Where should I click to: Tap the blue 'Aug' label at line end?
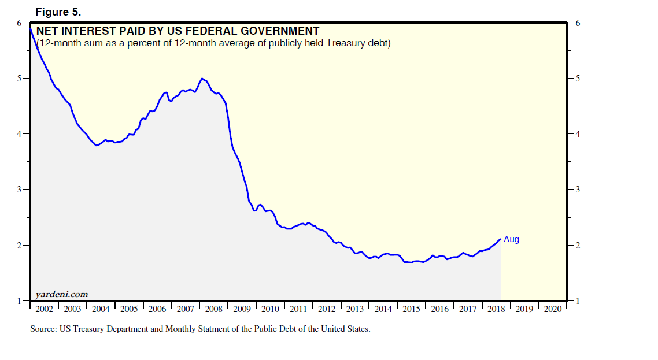click(x=511, y=239)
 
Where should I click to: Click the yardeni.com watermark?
click(x=62, y=294)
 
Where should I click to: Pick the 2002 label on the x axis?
click(x=44, y=309)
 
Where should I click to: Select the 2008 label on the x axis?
click(x=213, y=309)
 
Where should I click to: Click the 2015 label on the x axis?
click(x=411, y=309)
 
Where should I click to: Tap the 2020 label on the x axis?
click(x=552, y=309)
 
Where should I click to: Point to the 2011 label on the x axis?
click(x=298, y=309)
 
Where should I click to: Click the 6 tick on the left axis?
click(x=19, y=23)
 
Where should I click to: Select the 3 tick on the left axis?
click(x=19, y=190)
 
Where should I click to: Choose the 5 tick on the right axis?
click(x=578, y=79)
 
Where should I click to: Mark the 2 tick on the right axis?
click(x=578, y=245)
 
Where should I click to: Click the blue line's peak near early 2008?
click(x=202, y=79)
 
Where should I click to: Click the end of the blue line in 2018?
click(x=500, y=239)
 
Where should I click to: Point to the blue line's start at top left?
click(x=31, y=29)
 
